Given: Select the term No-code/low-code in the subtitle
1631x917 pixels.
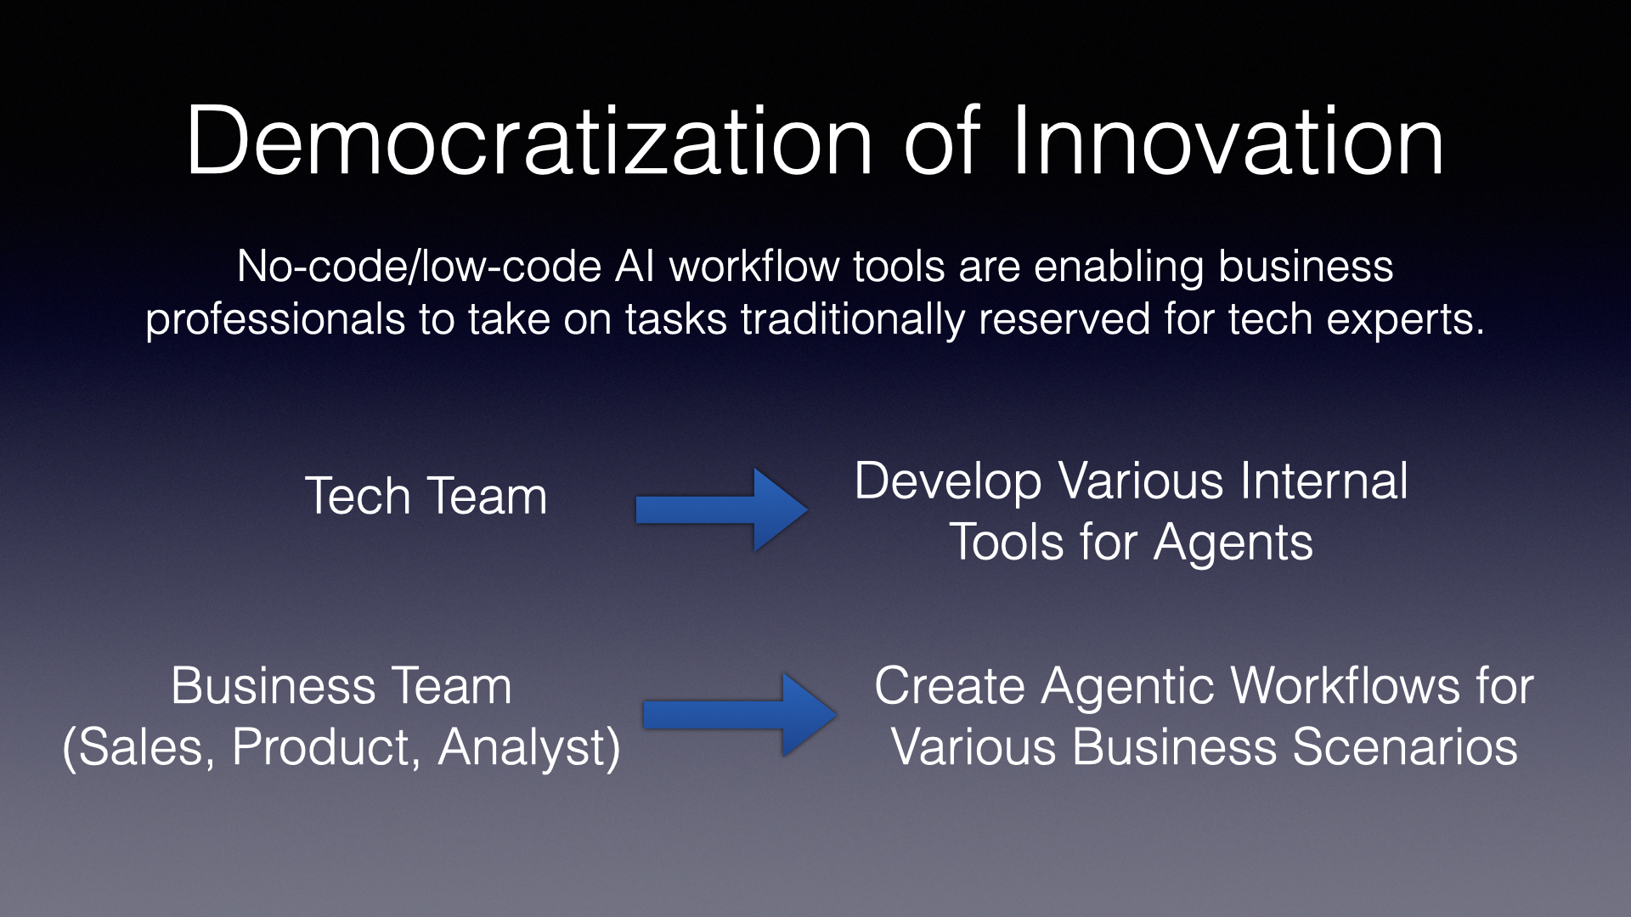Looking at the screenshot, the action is [420, 267].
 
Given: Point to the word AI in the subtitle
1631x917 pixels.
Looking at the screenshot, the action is [633, 267].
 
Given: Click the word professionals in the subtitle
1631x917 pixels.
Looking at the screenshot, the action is [275, 319].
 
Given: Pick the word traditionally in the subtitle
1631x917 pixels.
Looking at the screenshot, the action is [853, 319].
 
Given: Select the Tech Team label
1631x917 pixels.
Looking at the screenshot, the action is [426, 496].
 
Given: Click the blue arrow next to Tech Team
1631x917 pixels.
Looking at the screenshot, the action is [722, 509].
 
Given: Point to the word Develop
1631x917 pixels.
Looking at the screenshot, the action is [948, 482].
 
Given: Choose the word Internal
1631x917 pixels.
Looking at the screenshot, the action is [1323, 481].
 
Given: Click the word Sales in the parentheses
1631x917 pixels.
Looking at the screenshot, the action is [147, 748].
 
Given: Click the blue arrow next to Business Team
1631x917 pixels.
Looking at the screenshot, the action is [740, 714].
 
